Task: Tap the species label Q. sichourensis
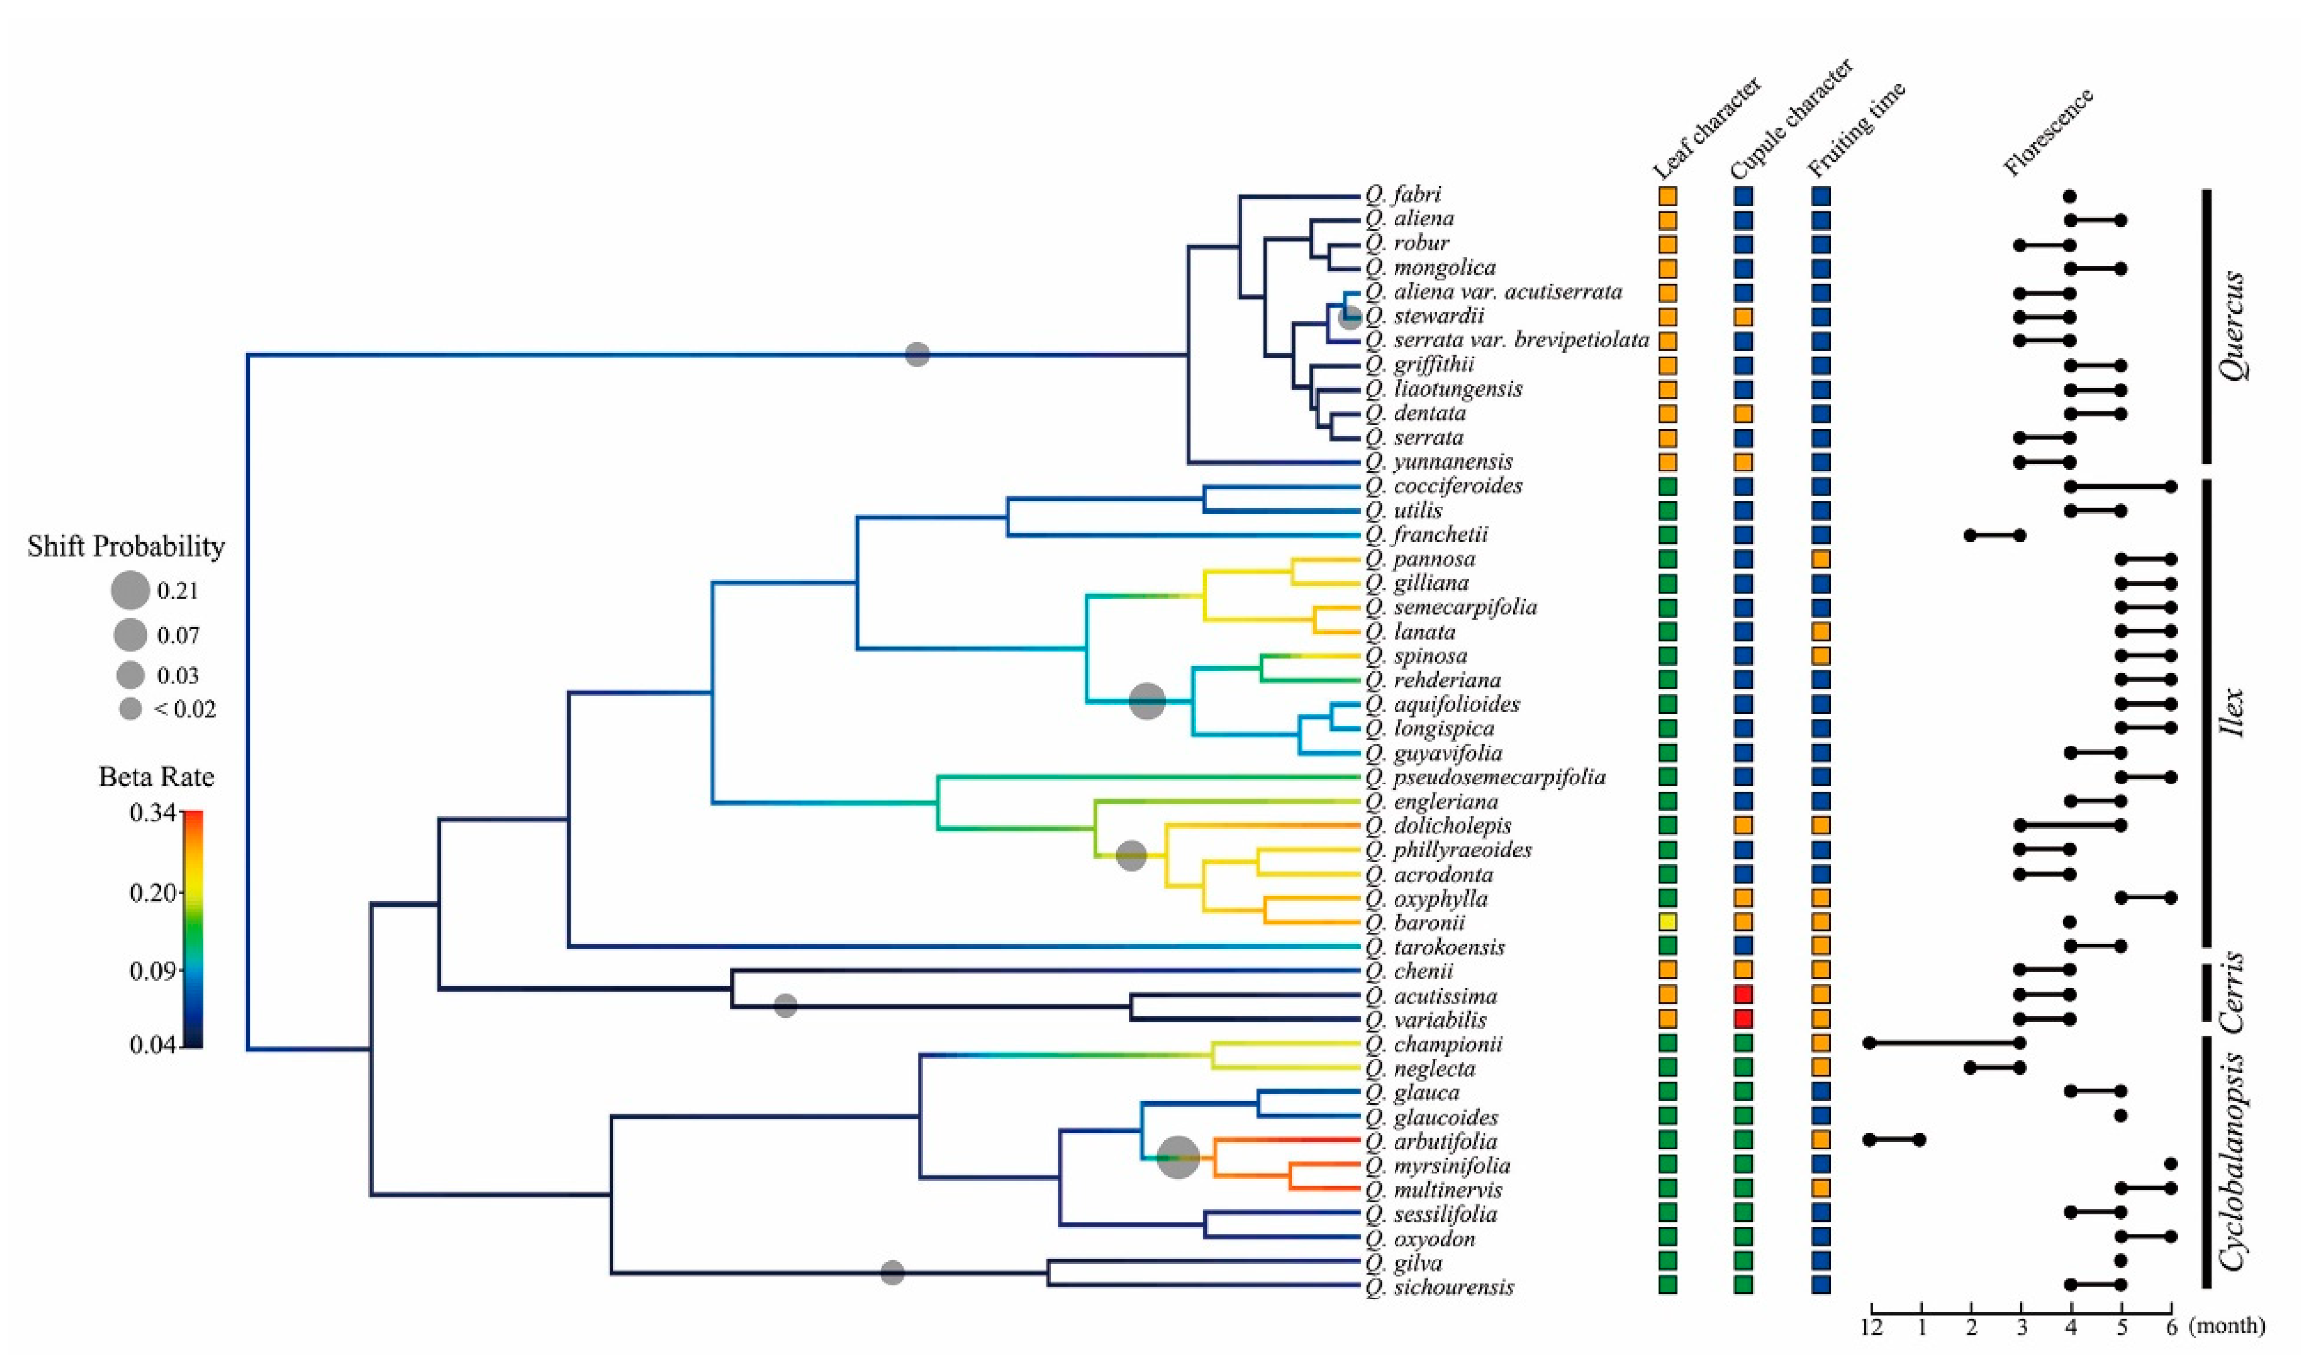tap(1440, 1287)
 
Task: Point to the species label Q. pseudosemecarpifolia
tap(1485, 777)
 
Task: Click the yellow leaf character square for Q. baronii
tap(1668, 922)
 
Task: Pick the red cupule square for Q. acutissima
tap(1743, 995)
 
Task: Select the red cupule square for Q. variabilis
tap(1743, 1019)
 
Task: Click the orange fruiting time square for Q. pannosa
tap(1821, 559)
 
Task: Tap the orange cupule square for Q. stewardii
tap(1743, 317)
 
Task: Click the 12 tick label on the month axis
tap(1871, 1328)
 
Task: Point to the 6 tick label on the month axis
tap(2171, 1328)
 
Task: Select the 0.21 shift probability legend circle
tap(131, 590)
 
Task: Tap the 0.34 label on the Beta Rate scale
tap(153, 814)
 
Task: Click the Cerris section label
tap(2230, 992)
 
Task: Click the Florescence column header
tap(2048, 132)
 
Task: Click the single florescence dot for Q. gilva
tap(2121, 1261)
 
